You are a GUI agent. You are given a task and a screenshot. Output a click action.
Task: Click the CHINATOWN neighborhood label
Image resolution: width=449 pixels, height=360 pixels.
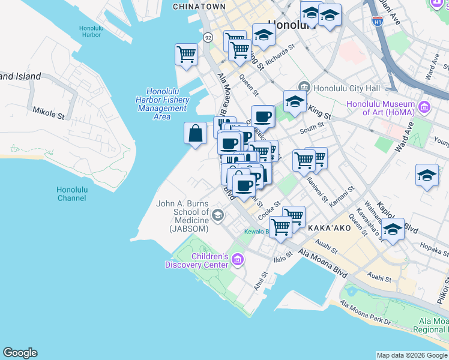[x=199, y=7]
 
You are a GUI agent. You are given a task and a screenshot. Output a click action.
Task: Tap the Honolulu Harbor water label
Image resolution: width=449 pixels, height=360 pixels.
[x=94, y=31]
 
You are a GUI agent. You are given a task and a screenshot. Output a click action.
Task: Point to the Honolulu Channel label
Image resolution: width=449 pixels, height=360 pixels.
[x=72, y=194]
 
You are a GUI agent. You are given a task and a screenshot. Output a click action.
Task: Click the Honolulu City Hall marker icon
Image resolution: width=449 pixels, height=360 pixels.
[x=304, y=88]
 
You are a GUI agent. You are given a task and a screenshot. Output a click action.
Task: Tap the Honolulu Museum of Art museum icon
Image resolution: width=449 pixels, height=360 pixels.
[x=425, y=107]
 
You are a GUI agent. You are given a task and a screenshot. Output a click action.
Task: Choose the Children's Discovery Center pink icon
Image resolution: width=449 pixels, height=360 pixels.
[x=238, y=260]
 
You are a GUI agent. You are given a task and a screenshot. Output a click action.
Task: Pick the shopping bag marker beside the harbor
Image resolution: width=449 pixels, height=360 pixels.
[x=196, y=133]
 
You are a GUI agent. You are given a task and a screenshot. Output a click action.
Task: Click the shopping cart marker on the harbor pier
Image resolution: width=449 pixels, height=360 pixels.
[x=187, y=54]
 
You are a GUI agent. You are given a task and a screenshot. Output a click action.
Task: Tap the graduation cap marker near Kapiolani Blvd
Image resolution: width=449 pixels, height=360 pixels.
[x=393, y=229]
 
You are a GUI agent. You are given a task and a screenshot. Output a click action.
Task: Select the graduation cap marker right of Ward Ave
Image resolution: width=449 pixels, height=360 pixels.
[x=427, y=175]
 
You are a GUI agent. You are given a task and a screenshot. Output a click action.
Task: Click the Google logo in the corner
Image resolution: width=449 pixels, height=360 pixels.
[x=20, y=353]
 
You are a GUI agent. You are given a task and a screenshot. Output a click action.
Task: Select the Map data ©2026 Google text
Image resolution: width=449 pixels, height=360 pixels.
[x=411, y=355]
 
